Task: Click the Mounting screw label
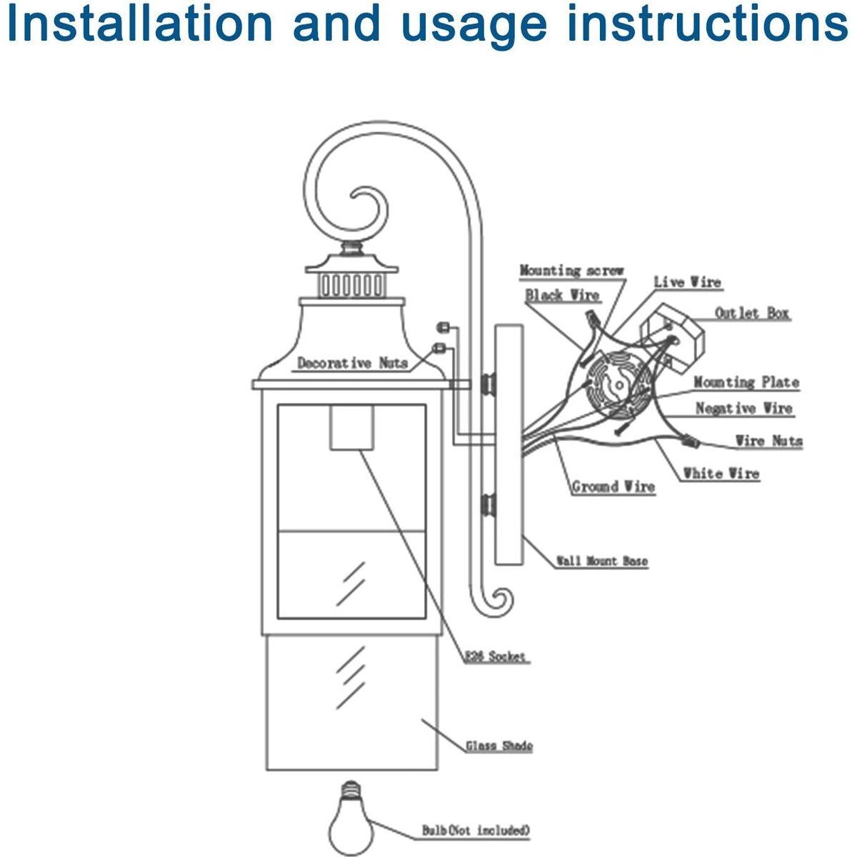(571, 271)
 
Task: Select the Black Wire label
(562, 295)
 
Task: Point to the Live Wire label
(687, 282)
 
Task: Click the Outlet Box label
(753, 313)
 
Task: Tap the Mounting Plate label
(746, 382)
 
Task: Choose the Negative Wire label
(744, 409)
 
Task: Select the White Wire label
(721, 473)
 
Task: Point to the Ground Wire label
(613, 487)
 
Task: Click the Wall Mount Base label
(602, 561)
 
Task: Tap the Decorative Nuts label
(352, 363)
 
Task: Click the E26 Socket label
(496, 656)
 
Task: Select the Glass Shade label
(499, 746)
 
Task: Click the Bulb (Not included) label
(476, 831)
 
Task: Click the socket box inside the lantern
(353, 428)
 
